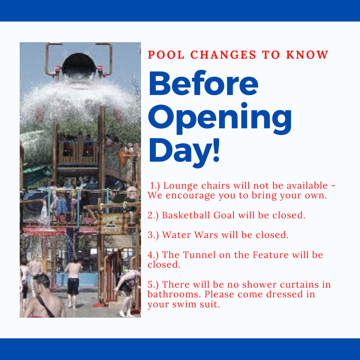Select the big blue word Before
(204, 84)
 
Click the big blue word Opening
(220, 118)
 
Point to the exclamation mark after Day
(215, 150)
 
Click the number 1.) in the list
(156, 186)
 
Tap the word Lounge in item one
(180, 186)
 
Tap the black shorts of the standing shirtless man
(73, 286)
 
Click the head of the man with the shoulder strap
(42, 282)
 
